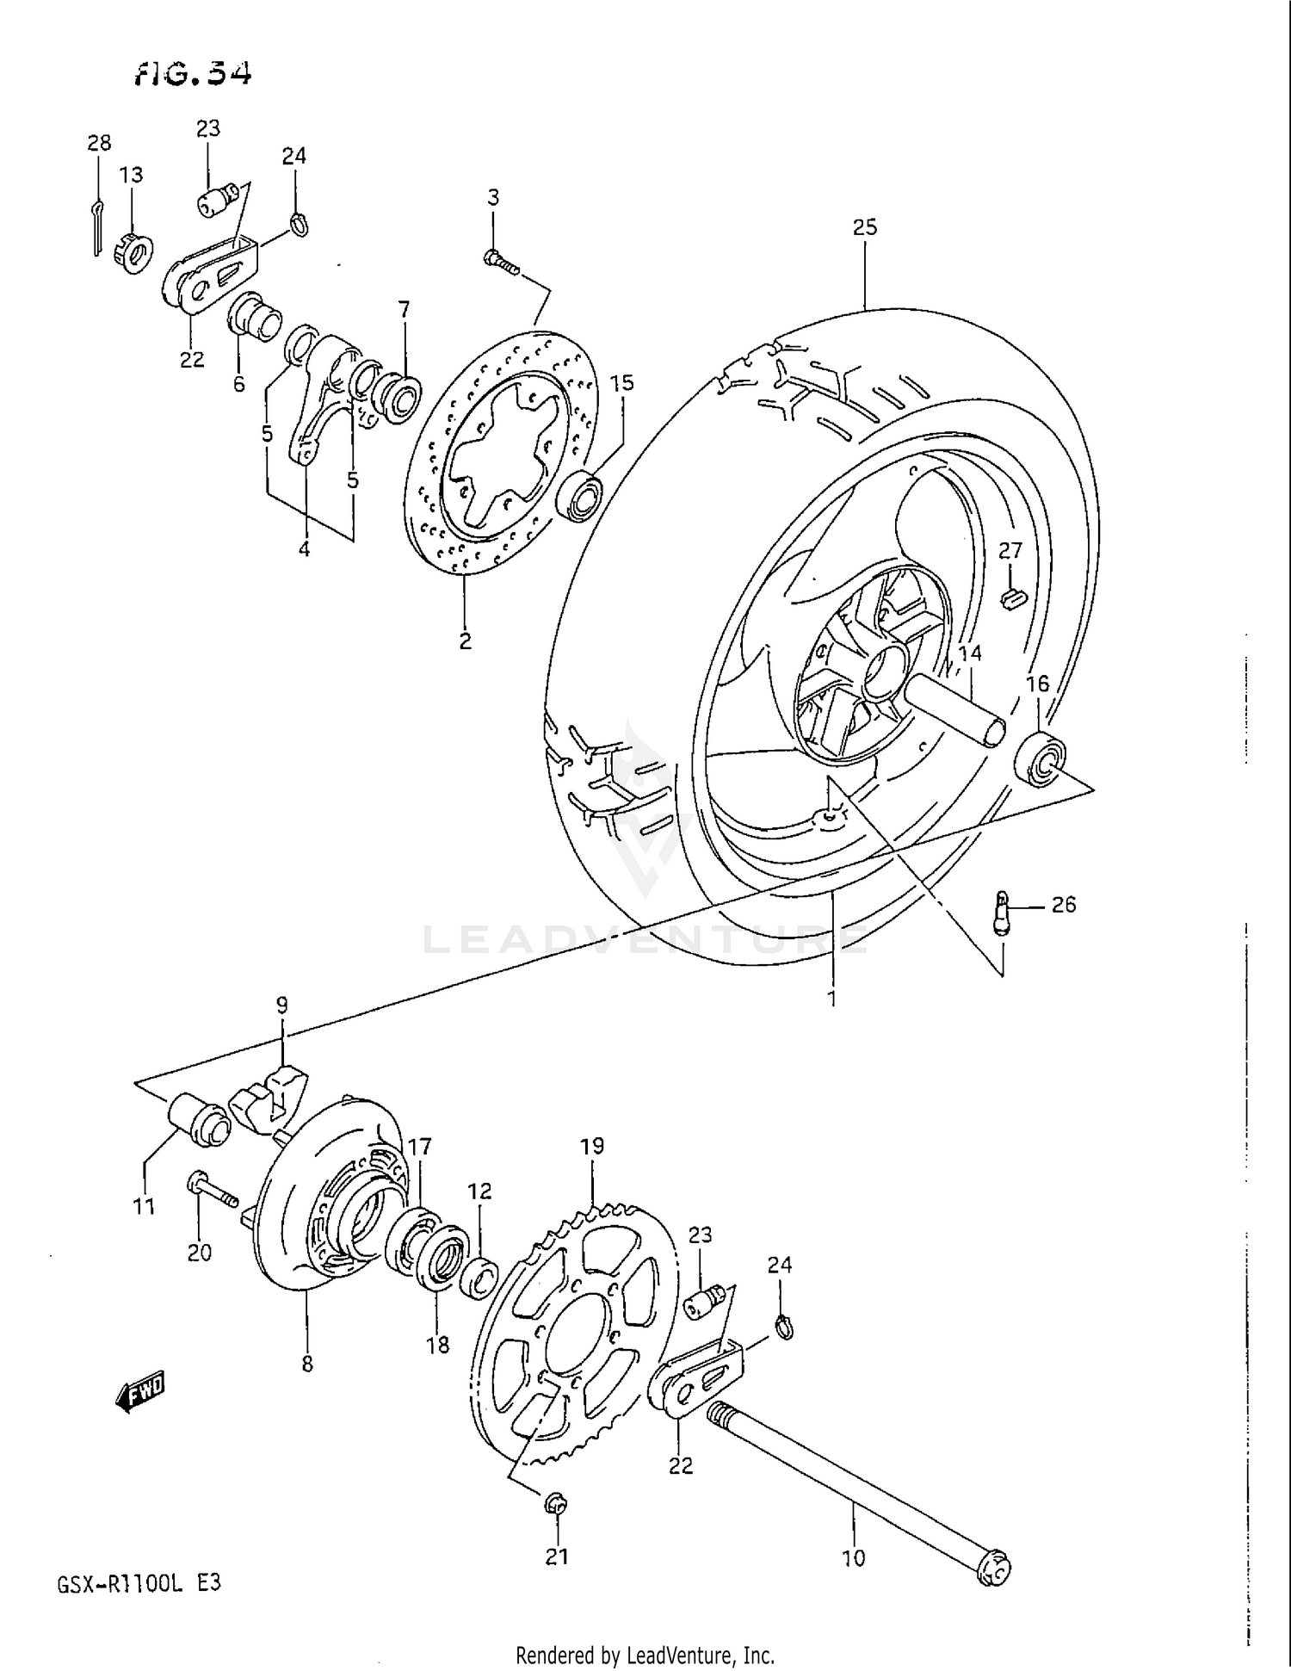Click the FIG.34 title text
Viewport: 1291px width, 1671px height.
point(193,74)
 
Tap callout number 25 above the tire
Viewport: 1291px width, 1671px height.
point(864,227)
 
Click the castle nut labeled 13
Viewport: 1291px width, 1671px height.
point(133,251)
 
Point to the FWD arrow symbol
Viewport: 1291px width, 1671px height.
point(139,1391)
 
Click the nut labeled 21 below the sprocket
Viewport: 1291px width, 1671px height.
point(556,1504)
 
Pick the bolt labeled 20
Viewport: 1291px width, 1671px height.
point(210,1191)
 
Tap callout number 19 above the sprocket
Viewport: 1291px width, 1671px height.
point(592,1147)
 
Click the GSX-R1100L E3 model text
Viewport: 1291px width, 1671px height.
point(139,1582)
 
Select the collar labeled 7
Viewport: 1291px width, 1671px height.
point(401,397)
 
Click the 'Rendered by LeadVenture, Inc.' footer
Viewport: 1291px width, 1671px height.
point(645,1654)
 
